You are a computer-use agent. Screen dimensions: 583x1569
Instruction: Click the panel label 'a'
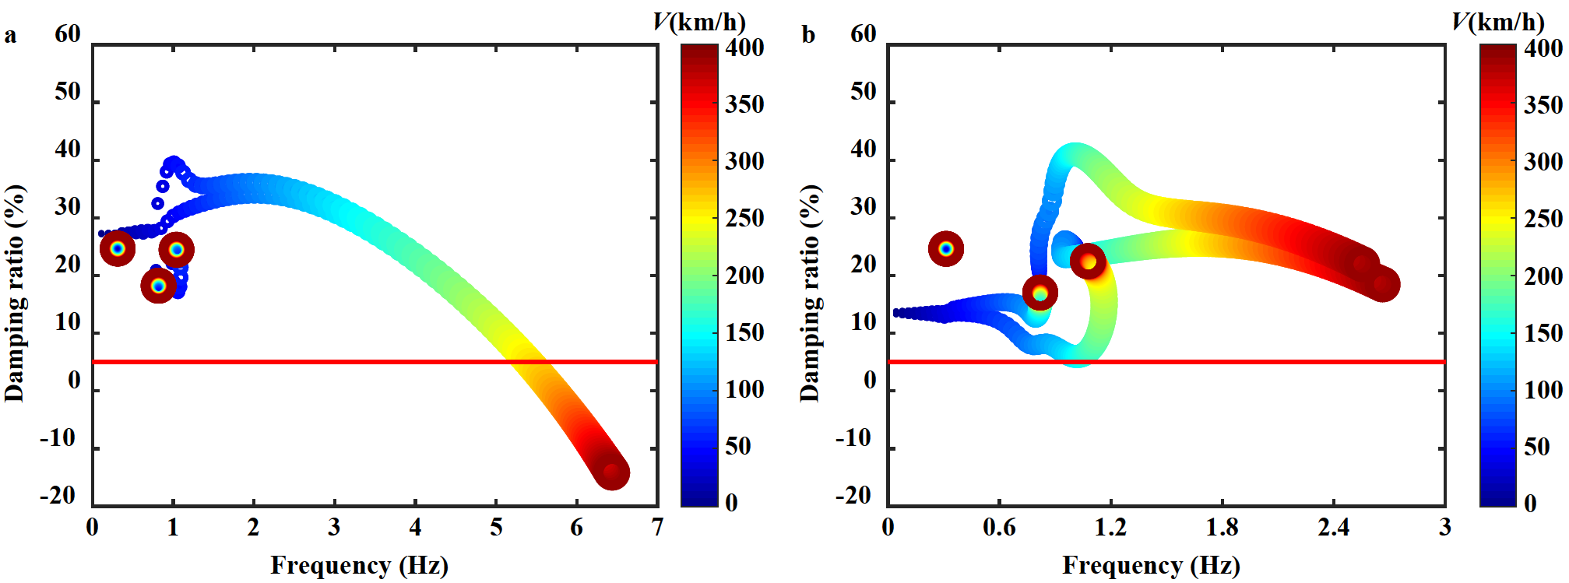coord(10,36)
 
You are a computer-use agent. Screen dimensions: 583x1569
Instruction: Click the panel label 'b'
coord(808,36)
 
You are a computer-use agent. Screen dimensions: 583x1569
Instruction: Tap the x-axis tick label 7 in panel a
coord(658,528)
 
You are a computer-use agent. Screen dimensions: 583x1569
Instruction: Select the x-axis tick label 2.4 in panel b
coord(1333,528)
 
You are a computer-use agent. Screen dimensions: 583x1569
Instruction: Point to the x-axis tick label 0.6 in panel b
coord(999,528)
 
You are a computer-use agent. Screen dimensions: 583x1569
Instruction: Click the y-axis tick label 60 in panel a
coord(68,34)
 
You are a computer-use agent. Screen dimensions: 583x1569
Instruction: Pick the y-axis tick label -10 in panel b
coord(853,438)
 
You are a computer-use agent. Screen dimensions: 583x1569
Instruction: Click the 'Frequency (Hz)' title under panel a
coord(359,565)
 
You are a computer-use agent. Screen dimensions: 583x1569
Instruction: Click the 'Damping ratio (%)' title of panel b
coord(810,293)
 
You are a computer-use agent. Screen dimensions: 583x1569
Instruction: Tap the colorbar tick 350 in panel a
coord(744,104)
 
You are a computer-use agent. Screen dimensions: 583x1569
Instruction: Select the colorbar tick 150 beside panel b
coord(1543,333)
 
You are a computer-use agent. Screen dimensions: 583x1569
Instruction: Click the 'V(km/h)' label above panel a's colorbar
coord(698,22)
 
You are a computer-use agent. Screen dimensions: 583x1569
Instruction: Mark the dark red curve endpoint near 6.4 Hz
coord(612,472)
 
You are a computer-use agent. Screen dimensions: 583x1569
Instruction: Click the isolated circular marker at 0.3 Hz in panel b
coord(946,249)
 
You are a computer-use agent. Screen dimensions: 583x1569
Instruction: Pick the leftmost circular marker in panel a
coord(118,248)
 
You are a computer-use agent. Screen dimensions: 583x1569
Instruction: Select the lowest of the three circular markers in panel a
coord(159,286)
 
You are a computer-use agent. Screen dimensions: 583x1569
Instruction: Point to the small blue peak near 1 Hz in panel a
coord(173,163)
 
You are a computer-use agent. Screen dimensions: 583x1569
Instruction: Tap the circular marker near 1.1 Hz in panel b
coord(1088,261)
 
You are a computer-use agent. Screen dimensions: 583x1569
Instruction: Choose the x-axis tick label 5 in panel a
coord(496,528)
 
